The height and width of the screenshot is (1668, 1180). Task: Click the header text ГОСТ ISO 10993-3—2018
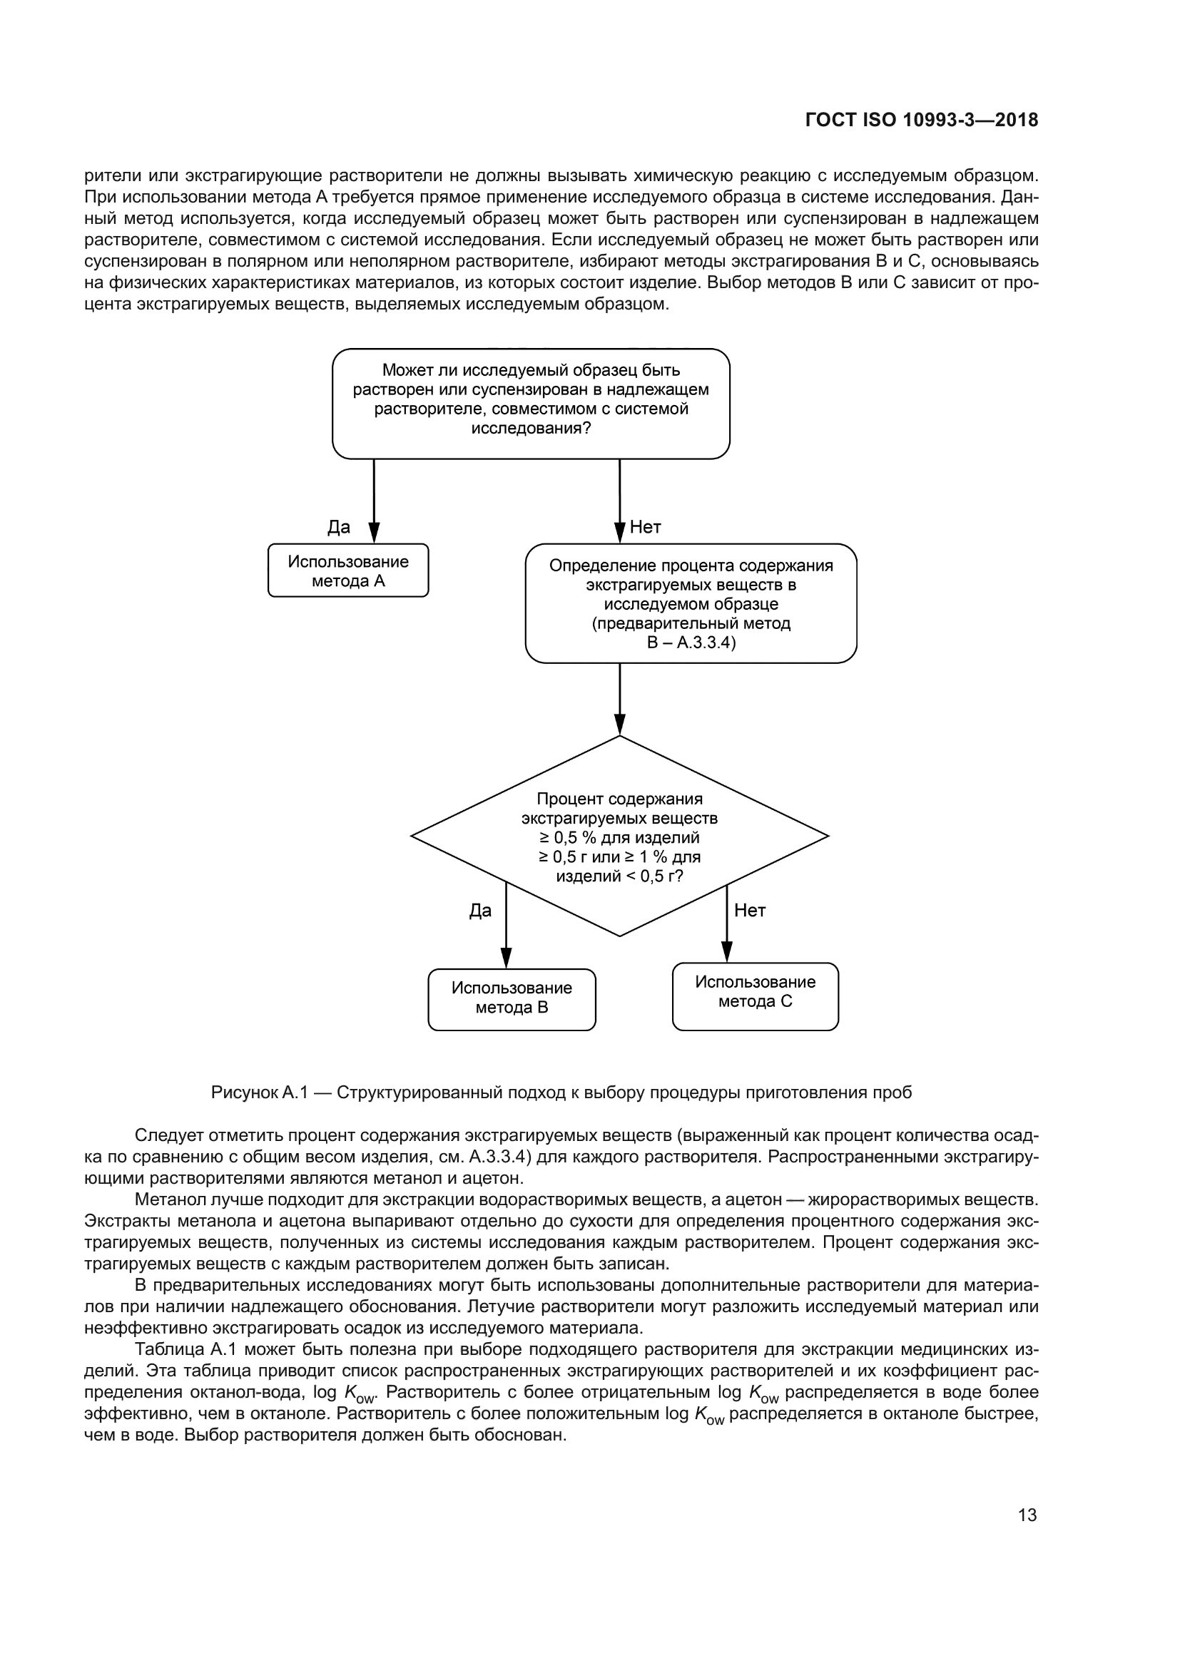(921, 120)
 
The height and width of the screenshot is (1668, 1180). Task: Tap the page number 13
(1027, 1515)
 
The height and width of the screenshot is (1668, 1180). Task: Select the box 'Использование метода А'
(348, 571)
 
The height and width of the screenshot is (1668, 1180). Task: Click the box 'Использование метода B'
(512, 999)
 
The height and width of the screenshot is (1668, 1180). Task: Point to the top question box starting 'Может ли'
(530, 403)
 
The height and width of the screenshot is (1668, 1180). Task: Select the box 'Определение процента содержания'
(691, 603)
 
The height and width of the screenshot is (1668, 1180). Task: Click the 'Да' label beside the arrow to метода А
(339, 528)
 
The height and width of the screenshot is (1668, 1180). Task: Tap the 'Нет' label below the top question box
(645, 528)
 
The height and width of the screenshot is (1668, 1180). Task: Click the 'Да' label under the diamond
(480, 911)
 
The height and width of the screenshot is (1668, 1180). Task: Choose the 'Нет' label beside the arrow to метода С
(750, 911)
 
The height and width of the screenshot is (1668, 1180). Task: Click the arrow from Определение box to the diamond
(620, 697)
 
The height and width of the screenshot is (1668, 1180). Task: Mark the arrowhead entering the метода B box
(507, 958)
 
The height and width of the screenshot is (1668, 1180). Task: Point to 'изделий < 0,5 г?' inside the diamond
(619, 876)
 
